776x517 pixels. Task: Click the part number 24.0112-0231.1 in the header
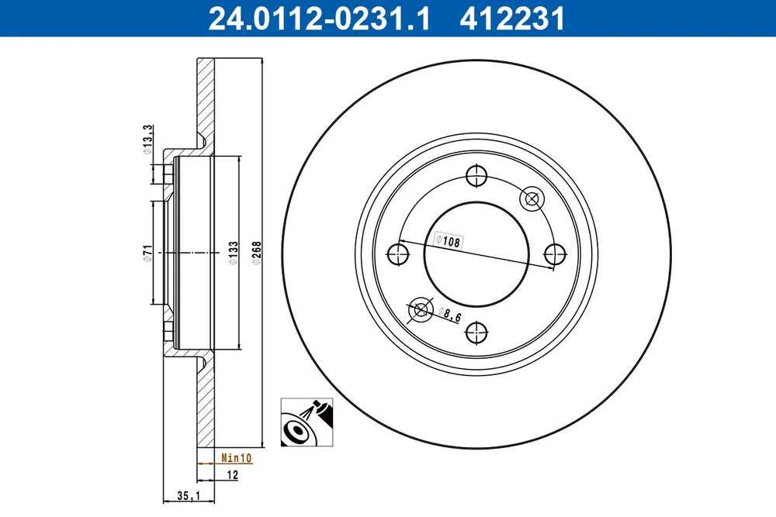click(x=319, y=19)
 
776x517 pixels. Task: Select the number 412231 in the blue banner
click(x=512, y=19)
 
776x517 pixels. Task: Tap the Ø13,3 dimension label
click(x=148, y=140)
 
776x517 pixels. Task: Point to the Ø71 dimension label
click(x=147, y=252)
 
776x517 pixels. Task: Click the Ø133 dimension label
click(x=234, y=253)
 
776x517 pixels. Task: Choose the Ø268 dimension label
click(x=256, y=253)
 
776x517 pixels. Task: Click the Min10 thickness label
click(x=237, y=458)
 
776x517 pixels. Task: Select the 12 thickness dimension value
click(x=232, y=475)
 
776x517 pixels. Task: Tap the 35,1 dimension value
click(x=188, y=495)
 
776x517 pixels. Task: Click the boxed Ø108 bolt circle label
click(x=449, y=241)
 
